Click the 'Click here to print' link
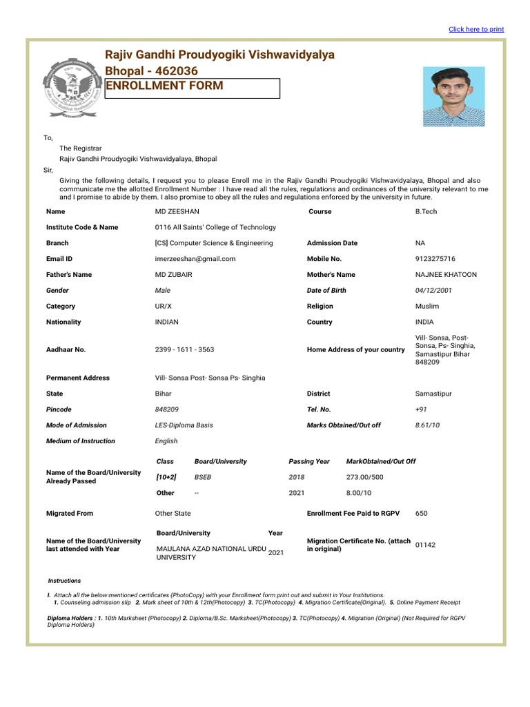point(476,30)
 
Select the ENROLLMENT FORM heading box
point(192,88)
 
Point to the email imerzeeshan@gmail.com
point(195,259)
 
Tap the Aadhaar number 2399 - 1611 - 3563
point(185,350)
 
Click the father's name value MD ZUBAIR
point(173,275)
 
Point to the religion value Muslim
point(427,307)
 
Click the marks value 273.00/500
point(365,477)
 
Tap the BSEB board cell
point(204,477)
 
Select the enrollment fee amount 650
point(422,514)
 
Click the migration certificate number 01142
point(425,545)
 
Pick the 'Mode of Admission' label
point(77,425)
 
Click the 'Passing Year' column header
point(309,461)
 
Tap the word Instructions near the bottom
point(64,581)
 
